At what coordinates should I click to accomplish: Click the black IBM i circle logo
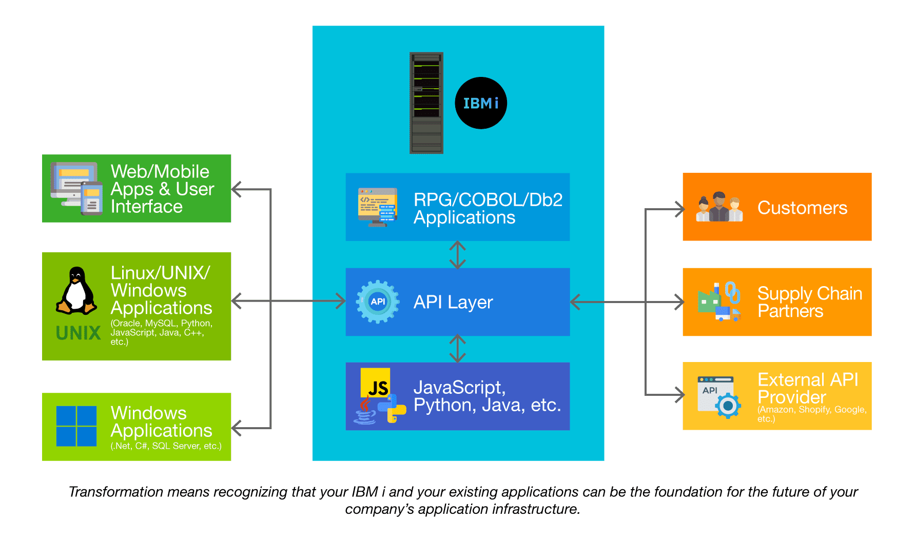(481, 103)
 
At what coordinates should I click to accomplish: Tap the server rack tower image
(426, 103)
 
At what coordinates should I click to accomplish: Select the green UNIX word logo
(79, 333)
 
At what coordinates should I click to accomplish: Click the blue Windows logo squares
(76, 426)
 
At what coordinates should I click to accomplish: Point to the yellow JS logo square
(375, 383)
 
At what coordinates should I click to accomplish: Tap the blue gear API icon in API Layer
(378, 302)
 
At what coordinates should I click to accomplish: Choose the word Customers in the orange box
(802, 208)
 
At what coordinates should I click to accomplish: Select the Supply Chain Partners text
(809, 302)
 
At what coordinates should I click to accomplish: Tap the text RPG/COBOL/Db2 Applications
(488, 208)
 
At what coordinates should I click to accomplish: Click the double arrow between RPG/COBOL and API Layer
(457, 255)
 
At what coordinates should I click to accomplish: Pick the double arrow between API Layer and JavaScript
(457, 349)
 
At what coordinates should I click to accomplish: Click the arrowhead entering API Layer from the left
(341, 301)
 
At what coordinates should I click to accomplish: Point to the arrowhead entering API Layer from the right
(575, 302)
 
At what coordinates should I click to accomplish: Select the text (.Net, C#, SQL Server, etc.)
(166, 446)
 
